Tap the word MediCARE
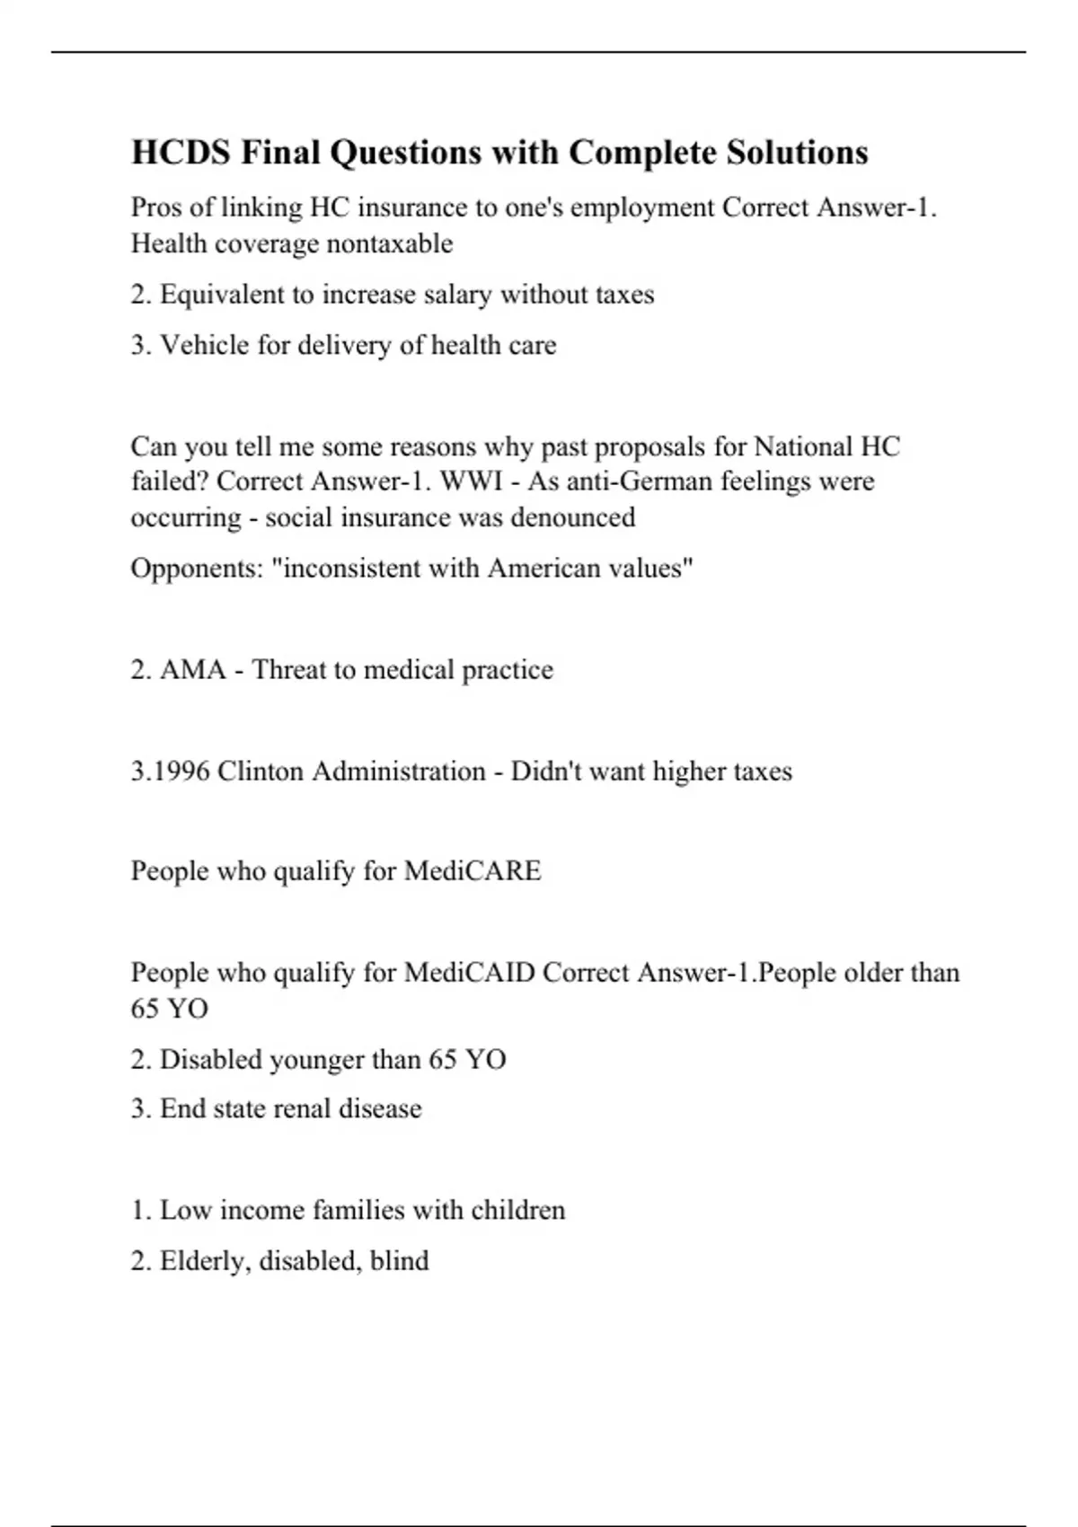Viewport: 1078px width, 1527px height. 473,871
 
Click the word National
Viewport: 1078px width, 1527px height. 804,446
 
